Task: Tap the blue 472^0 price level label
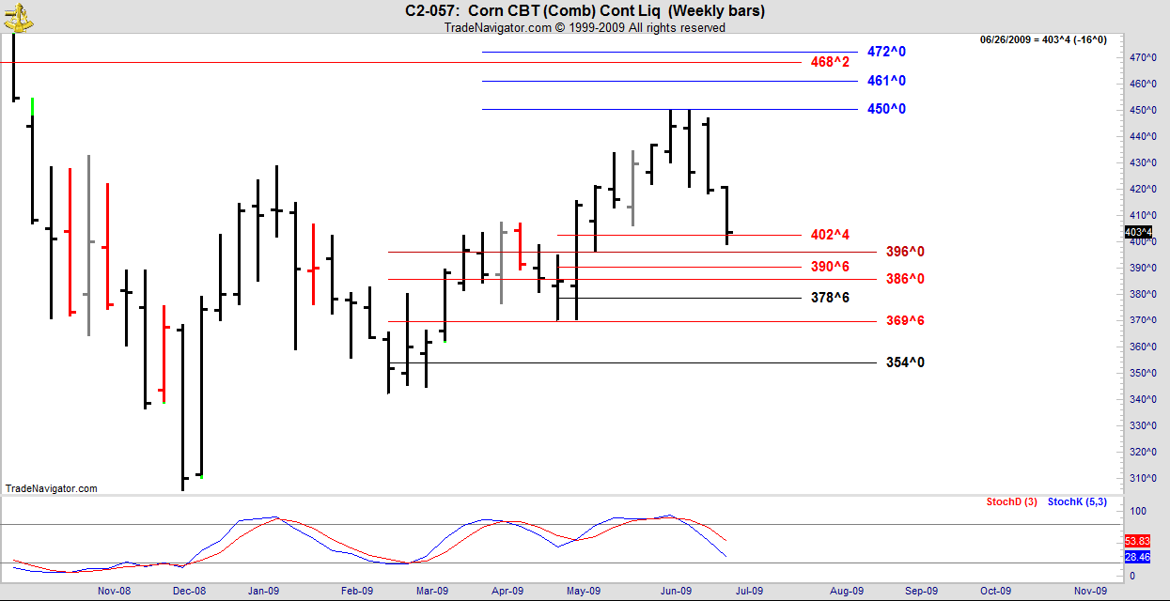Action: tap(886, 52)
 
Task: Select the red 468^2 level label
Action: tap(830, 62)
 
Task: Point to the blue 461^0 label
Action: tap(886, 81)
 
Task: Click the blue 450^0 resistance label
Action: tap(886, 109)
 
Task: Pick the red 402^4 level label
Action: tap(830, 235)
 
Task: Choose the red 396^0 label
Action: tap(905, 252)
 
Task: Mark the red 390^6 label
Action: tap(830, 268)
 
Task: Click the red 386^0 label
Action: tap(905, 279)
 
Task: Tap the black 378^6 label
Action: tap(830, 298)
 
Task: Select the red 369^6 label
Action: tap(905, 321)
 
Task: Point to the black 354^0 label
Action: tap(905, 362)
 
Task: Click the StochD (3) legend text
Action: tap(1011, 502)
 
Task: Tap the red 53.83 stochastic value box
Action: tap(1137, 541)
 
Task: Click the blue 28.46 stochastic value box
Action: tap(1137, 557)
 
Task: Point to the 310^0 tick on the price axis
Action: tap(1142, 478)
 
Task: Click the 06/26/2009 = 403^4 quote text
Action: tap(1043, 39)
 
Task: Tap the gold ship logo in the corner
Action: tap(17, 13)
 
